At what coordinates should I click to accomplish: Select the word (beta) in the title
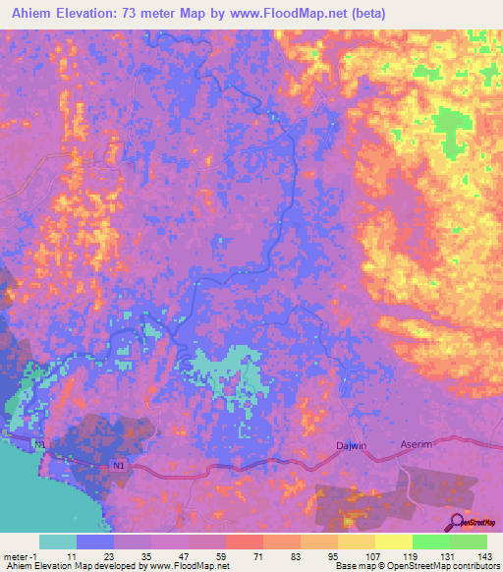[x=363, y=14]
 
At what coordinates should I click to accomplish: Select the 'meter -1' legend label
[x=22, y=555]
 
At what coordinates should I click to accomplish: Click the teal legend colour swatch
[x=58, y=542]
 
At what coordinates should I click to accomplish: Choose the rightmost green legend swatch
[x=468, y=542]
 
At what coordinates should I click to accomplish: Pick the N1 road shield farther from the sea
[x=119, y=464]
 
